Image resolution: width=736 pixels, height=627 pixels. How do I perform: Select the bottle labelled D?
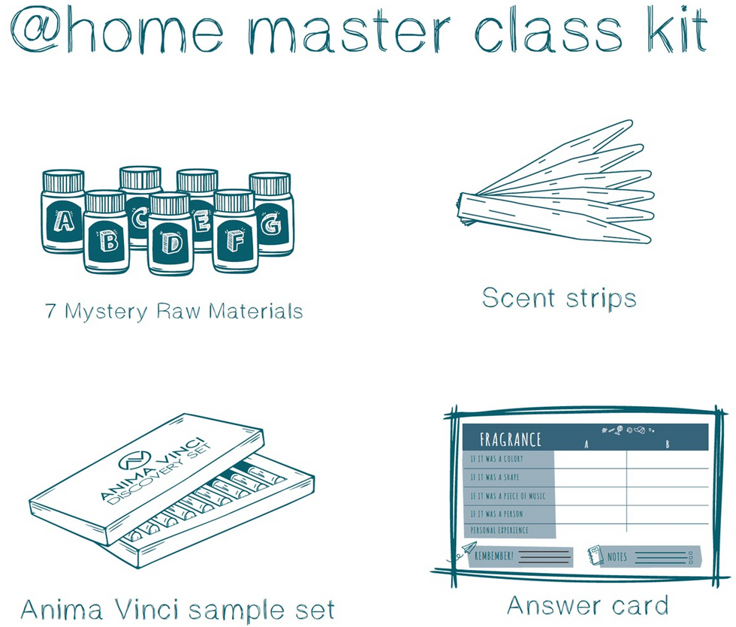[170, 234]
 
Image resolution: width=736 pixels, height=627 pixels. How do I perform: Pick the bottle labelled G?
[271, 214]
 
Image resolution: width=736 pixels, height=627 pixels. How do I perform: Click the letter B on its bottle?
[108, 241]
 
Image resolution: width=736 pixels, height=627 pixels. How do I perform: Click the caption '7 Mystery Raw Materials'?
[173, 312]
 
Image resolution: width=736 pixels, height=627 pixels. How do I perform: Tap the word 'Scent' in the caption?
[518, 298]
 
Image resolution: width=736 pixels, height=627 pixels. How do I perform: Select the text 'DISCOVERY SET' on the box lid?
[159, 475]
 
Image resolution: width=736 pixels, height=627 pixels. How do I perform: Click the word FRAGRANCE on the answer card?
[510, 440]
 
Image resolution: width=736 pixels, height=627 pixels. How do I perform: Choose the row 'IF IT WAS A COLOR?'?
[496, 459]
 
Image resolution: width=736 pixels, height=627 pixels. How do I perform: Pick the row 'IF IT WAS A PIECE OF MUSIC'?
[508, 496]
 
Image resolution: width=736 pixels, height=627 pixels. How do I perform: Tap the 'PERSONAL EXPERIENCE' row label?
[499, 530]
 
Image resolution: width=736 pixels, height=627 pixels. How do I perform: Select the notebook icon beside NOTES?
[595, 555]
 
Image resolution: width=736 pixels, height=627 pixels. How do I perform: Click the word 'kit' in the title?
[677, 29]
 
